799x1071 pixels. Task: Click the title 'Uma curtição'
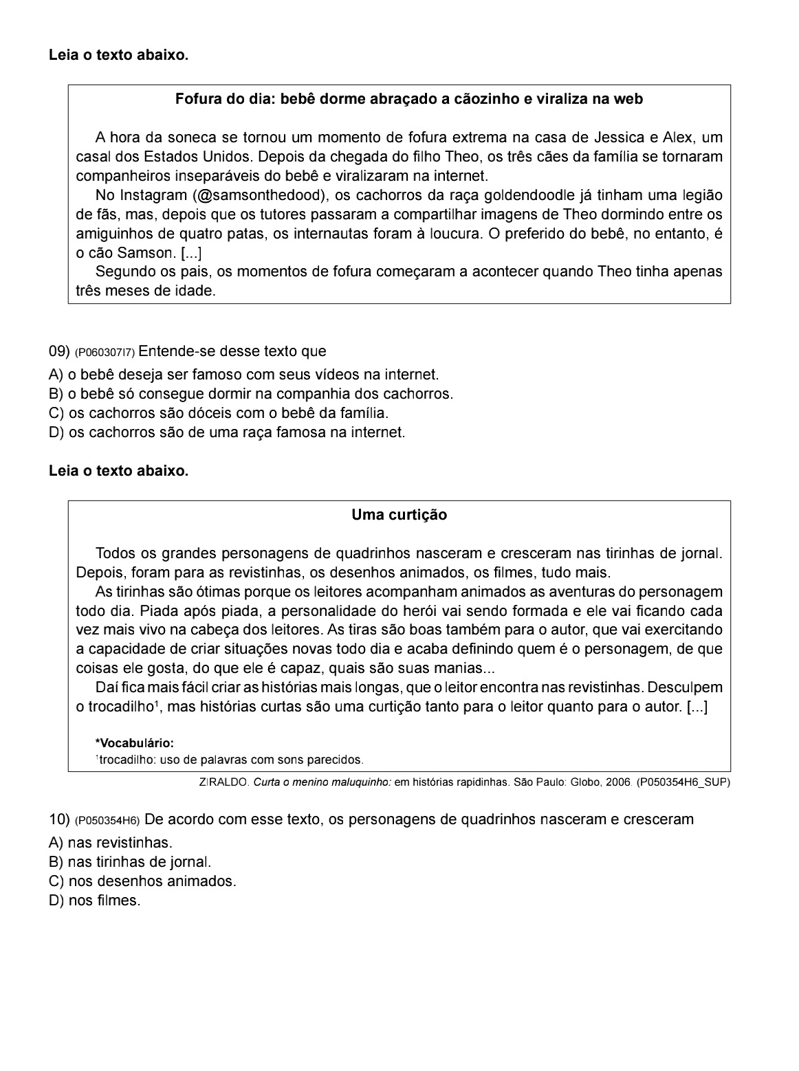pos(399,515)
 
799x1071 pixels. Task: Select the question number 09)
pos(59,351)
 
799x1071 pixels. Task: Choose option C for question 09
pos(219,413)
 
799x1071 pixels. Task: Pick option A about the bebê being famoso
pos(243,375)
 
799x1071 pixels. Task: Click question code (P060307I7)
pos(105,353)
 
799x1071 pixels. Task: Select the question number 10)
pos(59,819)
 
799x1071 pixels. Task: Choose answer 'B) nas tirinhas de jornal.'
pos(130,861)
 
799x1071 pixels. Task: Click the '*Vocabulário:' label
pos(134,743)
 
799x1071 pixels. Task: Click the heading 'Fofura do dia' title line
pos(408,99)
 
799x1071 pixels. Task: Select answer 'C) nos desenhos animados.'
pos(142,881)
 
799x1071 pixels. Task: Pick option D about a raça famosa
pos(227,432)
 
